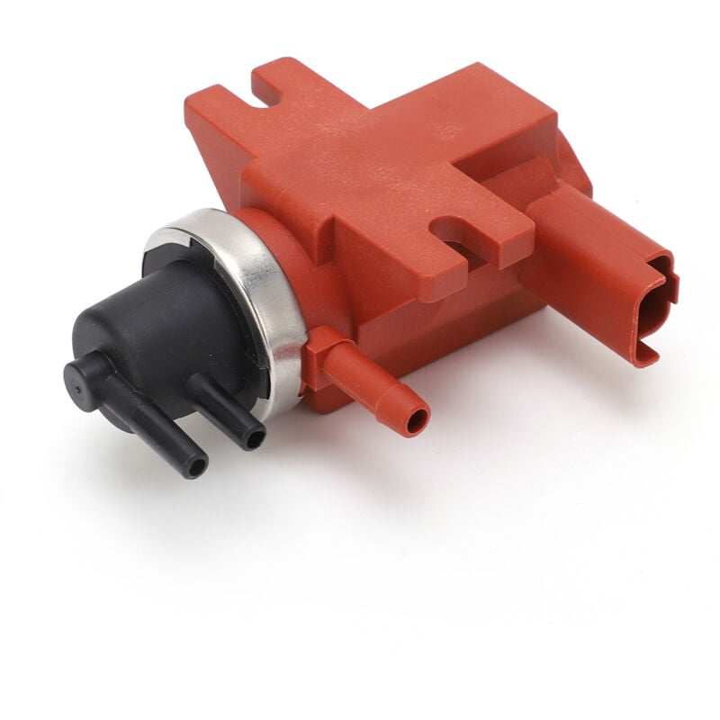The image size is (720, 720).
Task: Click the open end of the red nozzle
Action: (417, 420)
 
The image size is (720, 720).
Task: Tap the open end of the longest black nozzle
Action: (195, 465)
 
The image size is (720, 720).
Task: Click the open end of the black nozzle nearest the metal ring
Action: (256, 437)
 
